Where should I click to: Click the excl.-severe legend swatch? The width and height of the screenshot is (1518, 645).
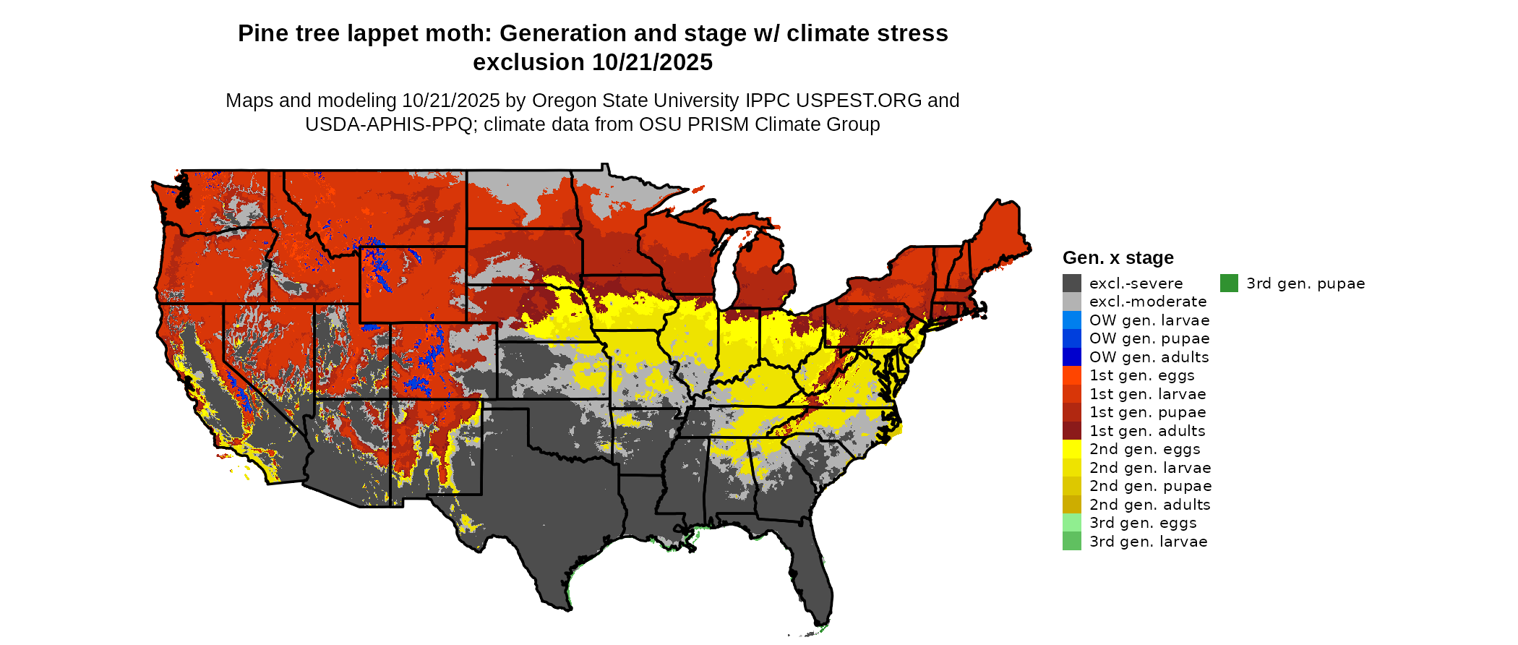[1072, 283]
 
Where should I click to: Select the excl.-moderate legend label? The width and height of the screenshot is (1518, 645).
[1148, 302]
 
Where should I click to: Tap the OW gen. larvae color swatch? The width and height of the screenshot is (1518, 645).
[1072, 320]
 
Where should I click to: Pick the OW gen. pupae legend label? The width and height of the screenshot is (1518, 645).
[1149, 338]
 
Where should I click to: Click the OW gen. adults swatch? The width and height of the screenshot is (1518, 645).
[1072, 357]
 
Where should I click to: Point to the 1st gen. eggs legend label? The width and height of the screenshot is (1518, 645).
[1142, 375]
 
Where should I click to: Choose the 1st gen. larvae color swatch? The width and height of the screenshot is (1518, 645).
[1072, 394]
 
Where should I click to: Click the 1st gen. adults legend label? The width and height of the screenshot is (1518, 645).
[1147, 431]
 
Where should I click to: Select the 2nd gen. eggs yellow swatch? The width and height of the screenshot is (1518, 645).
[1072, 449]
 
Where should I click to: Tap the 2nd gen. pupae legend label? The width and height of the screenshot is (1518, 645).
[1151, 486]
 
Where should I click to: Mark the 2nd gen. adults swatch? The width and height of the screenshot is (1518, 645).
[1072, 505]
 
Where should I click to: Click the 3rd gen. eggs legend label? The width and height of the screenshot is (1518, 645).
[1143, 523]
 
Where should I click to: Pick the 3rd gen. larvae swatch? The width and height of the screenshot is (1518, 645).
[1072, 542]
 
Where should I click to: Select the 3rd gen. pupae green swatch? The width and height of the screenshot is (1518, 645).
[1229, 283]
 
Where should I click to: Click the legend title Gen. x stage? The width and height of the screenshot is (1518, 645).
[1118, 258]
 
